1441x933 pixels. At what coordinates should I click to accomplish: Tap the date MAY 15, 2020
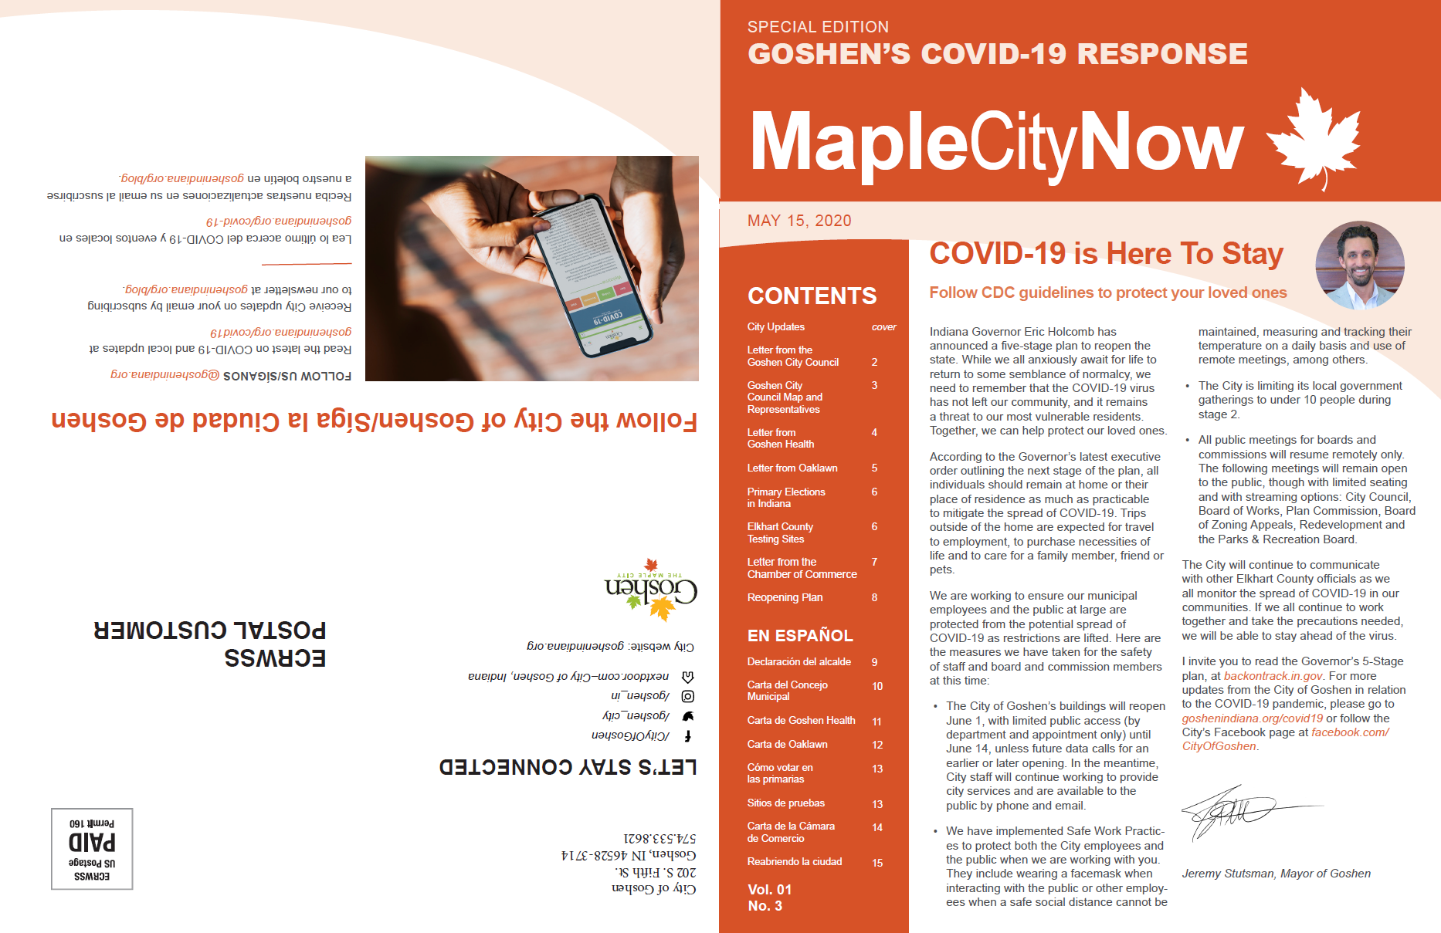(798, 221)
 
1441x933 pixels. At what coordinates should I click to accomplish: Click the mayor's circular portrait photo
(1359, 265)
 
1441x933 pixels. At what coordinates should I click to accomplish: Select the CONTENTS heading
(812, 296)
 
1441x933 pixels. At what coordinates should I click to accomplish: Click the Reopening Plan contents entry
(785, 597)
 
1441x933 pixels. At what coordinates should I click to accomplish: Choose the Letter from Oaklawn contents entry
(792, 468)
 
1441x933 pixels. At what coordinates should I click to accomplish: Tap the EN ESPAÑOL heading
(800, 635)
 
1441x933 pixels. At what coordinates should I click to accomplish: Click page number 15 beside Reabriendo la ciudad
(877, 863)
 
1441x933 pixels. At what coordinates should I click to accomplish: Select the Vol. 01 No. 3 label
(769, 898)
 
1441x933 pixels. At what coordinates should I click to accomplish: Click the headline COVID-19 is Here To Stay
(1106, 254)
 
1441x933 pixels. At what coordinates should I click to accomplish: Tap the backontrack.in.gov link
(1273, 676)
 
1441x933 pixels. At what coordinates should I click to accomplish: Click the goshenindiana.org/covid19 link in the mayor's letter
(1252, 718)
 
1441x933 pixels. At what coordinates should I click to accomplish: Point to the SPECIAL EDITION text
(818, 27)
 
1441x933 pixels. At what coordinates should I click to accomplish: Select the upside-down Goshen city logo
(651, 590)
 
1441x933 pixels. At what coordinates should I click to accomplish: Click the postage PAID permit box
(92, 849)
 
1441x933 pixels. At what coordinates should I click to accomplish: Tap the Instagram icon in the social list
(687, 696)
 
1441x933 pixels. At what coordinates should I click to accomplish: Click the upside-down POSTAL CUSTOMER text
(210, 630)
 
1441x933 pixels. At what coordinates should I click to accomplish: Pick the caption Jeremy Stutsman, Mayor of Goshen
(1276, 874)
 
